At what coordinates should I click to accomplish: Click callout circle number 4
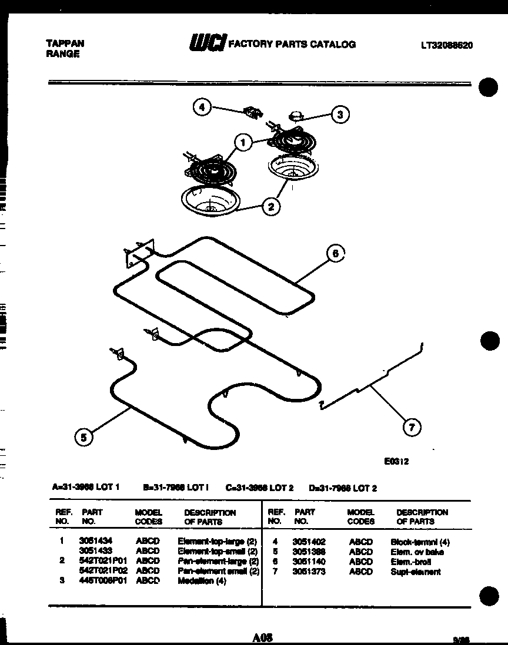point(202,107)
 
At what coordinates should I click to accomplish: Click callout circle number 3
point(340,115)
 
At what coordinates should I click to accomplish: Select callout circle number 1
point(242,142)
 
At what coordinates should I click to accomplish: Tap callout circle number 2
point(271,206)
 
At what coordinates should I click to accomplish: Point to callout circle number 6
point(335,254)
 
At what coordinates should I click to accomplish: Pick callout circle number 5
point(84,436)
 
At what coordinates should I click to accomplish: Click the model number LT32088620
point(447,45)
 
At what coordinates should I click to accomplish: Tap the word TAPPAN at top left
point(65,43)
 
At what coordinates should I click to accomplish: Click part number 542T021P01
point(103,561)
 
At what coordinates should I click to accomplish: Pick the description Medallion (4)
point(202,581)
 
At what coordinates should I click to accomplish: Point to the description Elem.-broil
point(410,562)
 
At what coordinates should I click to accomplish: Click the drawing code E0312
point(396,462)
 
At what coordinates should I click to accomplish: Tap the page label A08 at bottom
point(261,637)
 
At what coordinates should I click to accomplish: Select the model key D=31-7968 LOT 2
point(343,488)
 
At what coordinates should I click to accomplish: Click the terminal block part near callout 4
point(253,112)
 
